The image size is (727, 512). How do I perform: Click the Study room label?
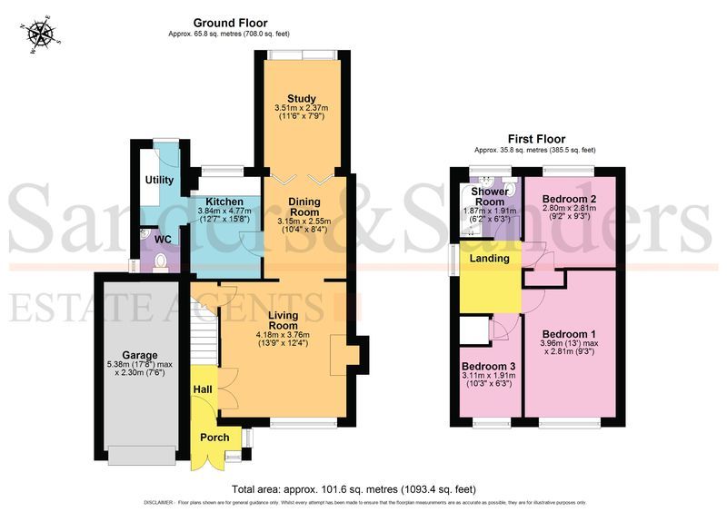click(301, 98)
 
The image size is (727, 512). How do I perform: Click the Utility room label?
click(159, 181)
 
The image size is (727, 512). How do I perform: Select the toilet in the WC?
click(161, 261)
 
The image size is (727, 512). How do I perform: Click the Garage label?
click(141, 355)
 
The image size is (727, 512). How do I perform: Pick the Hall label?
click(202, 389)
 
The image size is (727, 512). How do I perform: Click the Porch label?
click(214, 438)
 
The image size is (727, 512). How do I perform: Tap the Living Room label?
click(283, 320)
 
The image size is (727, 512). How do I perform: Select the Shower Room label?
click(487, 197)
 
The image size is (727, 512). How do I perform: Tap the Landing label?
click(489, 259)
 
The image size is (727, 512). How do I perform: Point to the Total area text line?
click(363, 488)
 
